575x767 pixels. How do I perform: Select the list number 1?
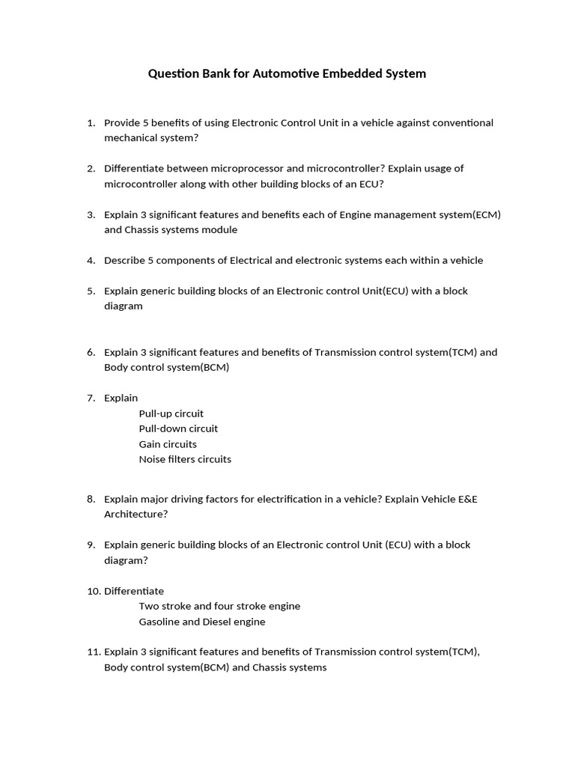tap(91, 123)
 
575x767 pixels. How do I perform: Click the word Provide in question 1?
tap(122, 123)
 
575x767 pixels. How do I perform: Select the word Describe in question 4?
tap(124, 261)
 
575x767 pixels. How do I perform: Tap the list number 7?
tap(91, 398)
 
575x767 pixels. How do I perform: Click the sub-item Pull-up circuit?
tap(171, 413)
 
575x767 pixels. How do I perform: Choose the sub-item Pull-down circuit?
tap(178, 429)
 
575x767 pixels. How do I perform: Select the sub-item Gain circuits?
tap(168, 444)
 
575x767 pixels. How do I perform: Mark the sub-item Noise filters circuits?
tap(185, 459)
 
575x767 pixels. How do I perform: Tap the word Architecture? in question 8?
tap(136, 515)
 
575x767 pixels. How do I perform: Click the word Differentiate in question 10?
tap(134, 591)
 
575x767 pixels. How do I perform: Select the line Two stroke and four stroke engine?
tap(219, 606)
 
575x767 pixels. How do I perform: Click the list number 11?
tap(94, 652)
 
